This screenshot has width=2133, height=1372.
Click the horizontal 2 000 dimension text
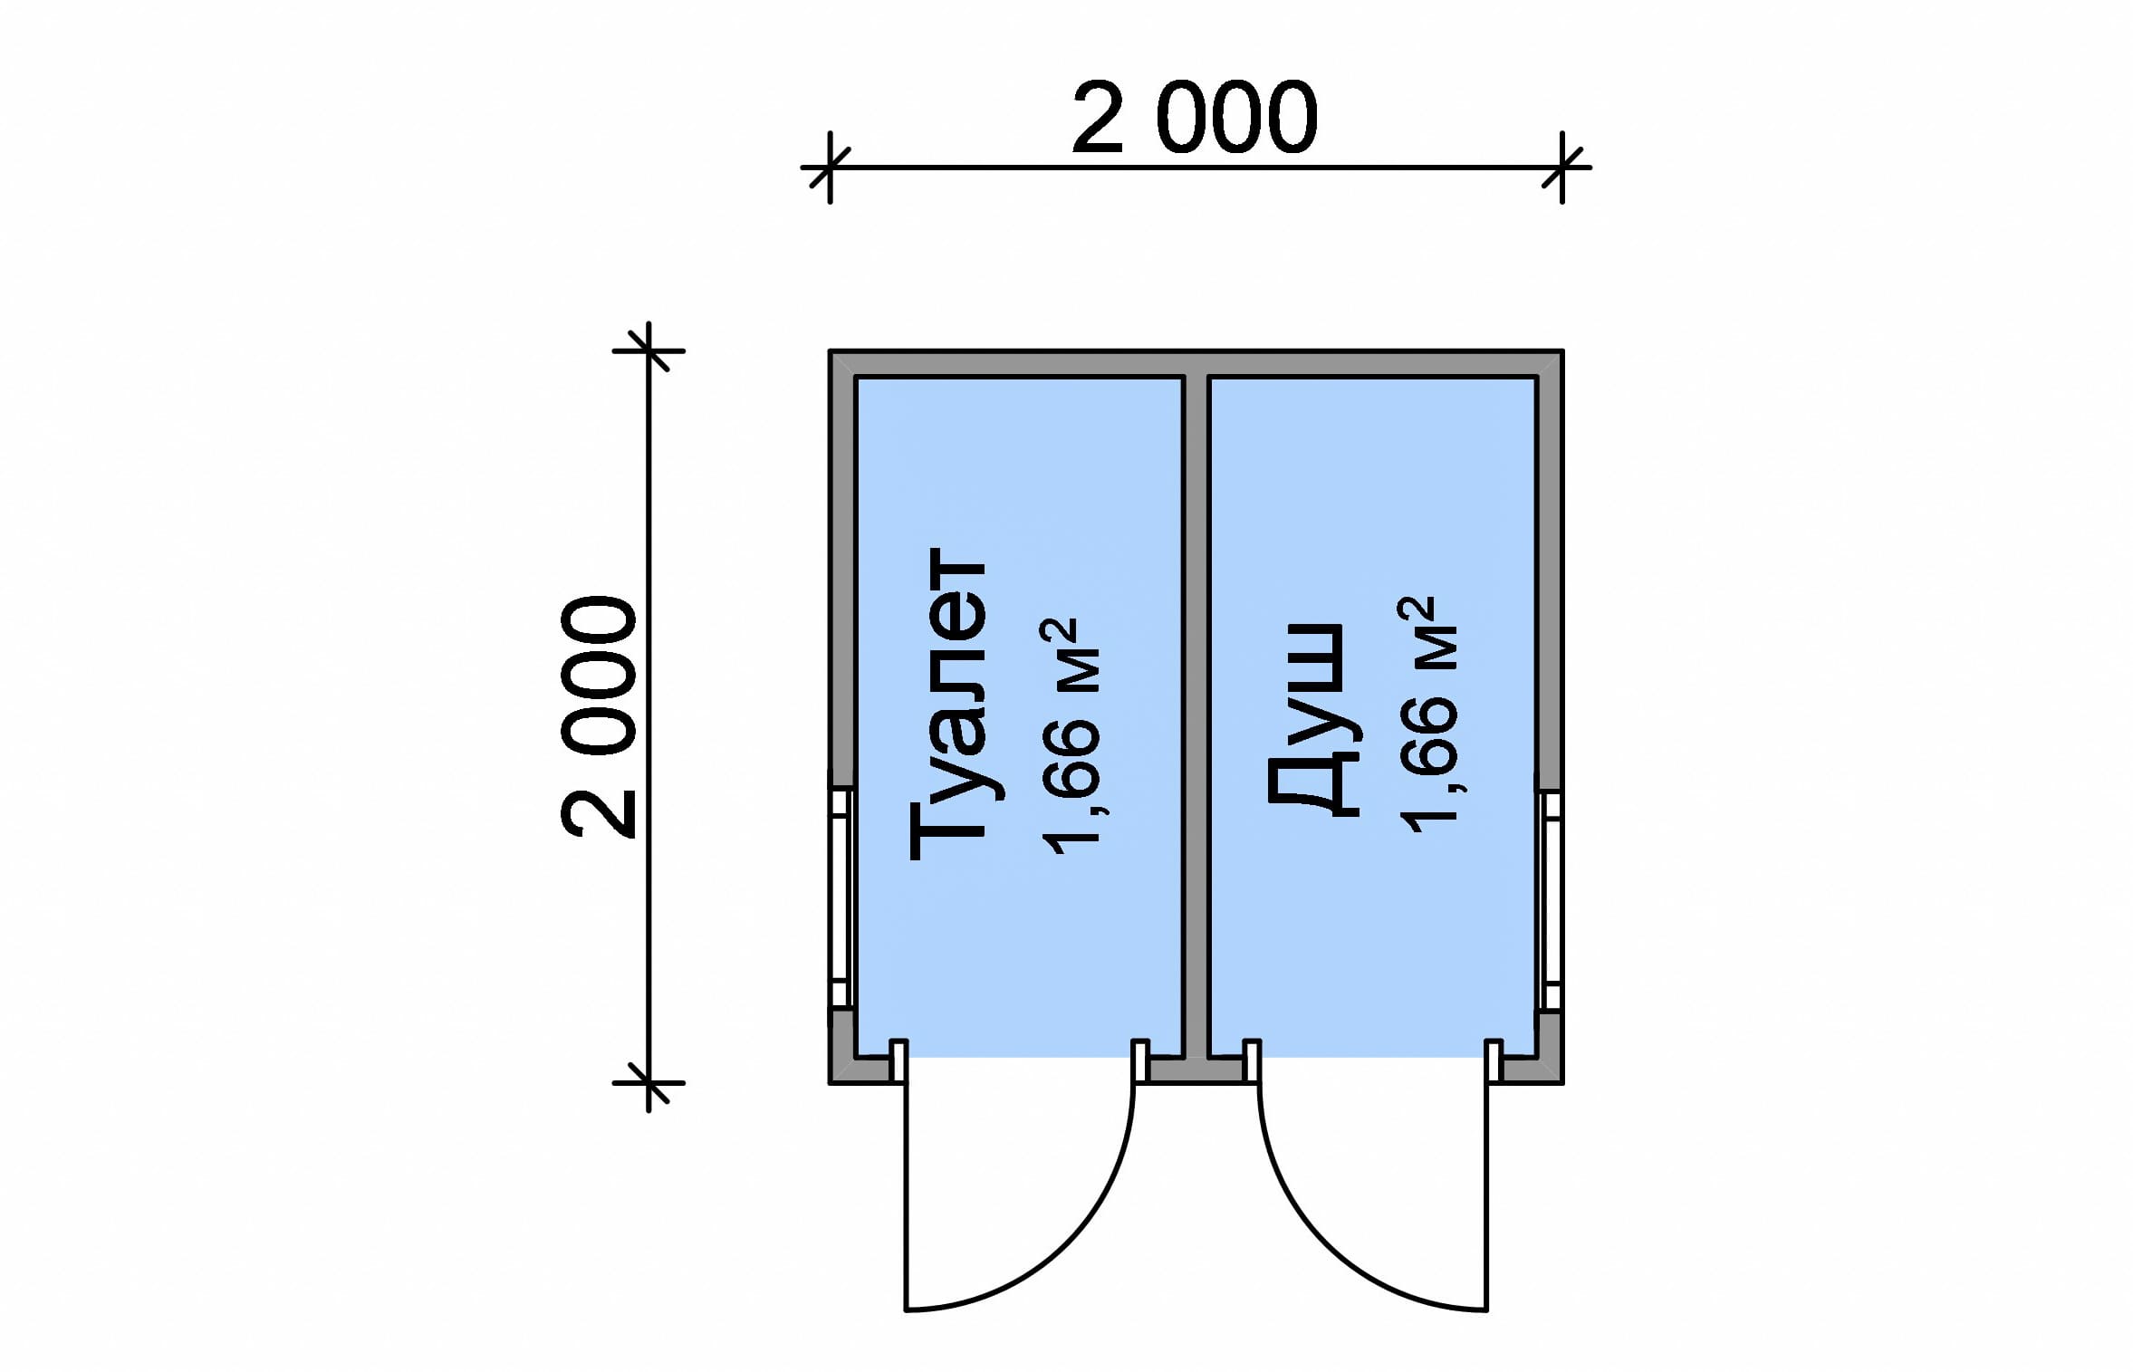tap(1195, 119)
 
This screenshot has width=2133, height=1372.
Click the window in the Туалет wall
tap(841, 897)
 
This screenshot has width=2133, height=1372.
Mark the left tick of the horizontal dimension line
tap(830, 168)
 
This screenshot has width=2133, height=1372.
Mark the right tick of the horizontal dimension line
tap(1562, 168)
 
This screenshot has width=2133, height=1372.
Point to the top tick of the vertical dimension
tap(649, 350)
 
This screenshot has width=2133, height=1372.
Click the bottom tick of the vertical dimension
tap(649, 1083)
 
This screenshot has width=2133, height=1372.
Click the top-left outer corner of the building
tap(831, 351)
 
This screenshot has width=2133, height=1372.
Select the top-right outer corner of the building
tap(1561, 351)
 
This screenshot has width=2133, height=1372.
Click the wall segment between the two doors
tap(1196, 1070)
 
